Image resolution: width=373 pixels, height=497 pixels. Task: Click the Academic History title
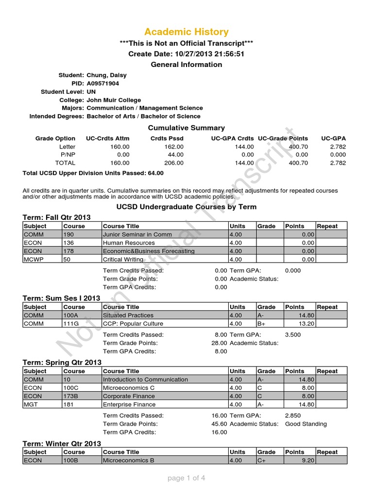tap(186, 32)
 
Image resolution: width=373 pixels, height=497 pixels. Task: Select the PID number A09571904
tap(102, 83)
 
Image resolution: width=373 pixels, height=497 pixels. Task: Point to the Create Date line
tap(186, 54)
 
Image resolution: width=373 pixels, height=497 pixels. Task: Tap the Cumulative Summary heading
tap(186, 128)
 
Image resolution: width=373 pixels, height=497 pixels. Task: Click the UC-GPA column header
tap(334, 139)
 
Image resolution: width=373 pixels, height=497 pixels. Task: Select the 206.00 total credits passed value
tap(174, 163)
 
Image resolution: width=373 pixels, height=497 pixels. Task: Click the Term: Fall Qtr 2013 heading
tap(57, 217)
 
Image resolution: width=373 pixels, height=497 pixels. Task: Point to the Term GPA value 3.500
tap(293, 335)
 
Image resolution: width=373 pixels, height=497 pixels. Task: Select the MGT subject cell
tap(30, 404)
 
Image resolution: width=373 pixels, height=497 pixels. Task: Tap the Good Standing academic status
tap(306, 424)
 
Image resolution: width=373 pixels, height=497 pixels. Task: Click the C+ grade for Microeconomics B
tap(263, 461)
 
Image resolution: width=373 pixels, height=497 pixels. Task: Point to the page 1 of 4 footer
tap(186, 478)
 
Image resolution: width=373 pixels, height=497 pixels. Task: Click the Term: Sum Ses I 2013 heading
tap(62, 298)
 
